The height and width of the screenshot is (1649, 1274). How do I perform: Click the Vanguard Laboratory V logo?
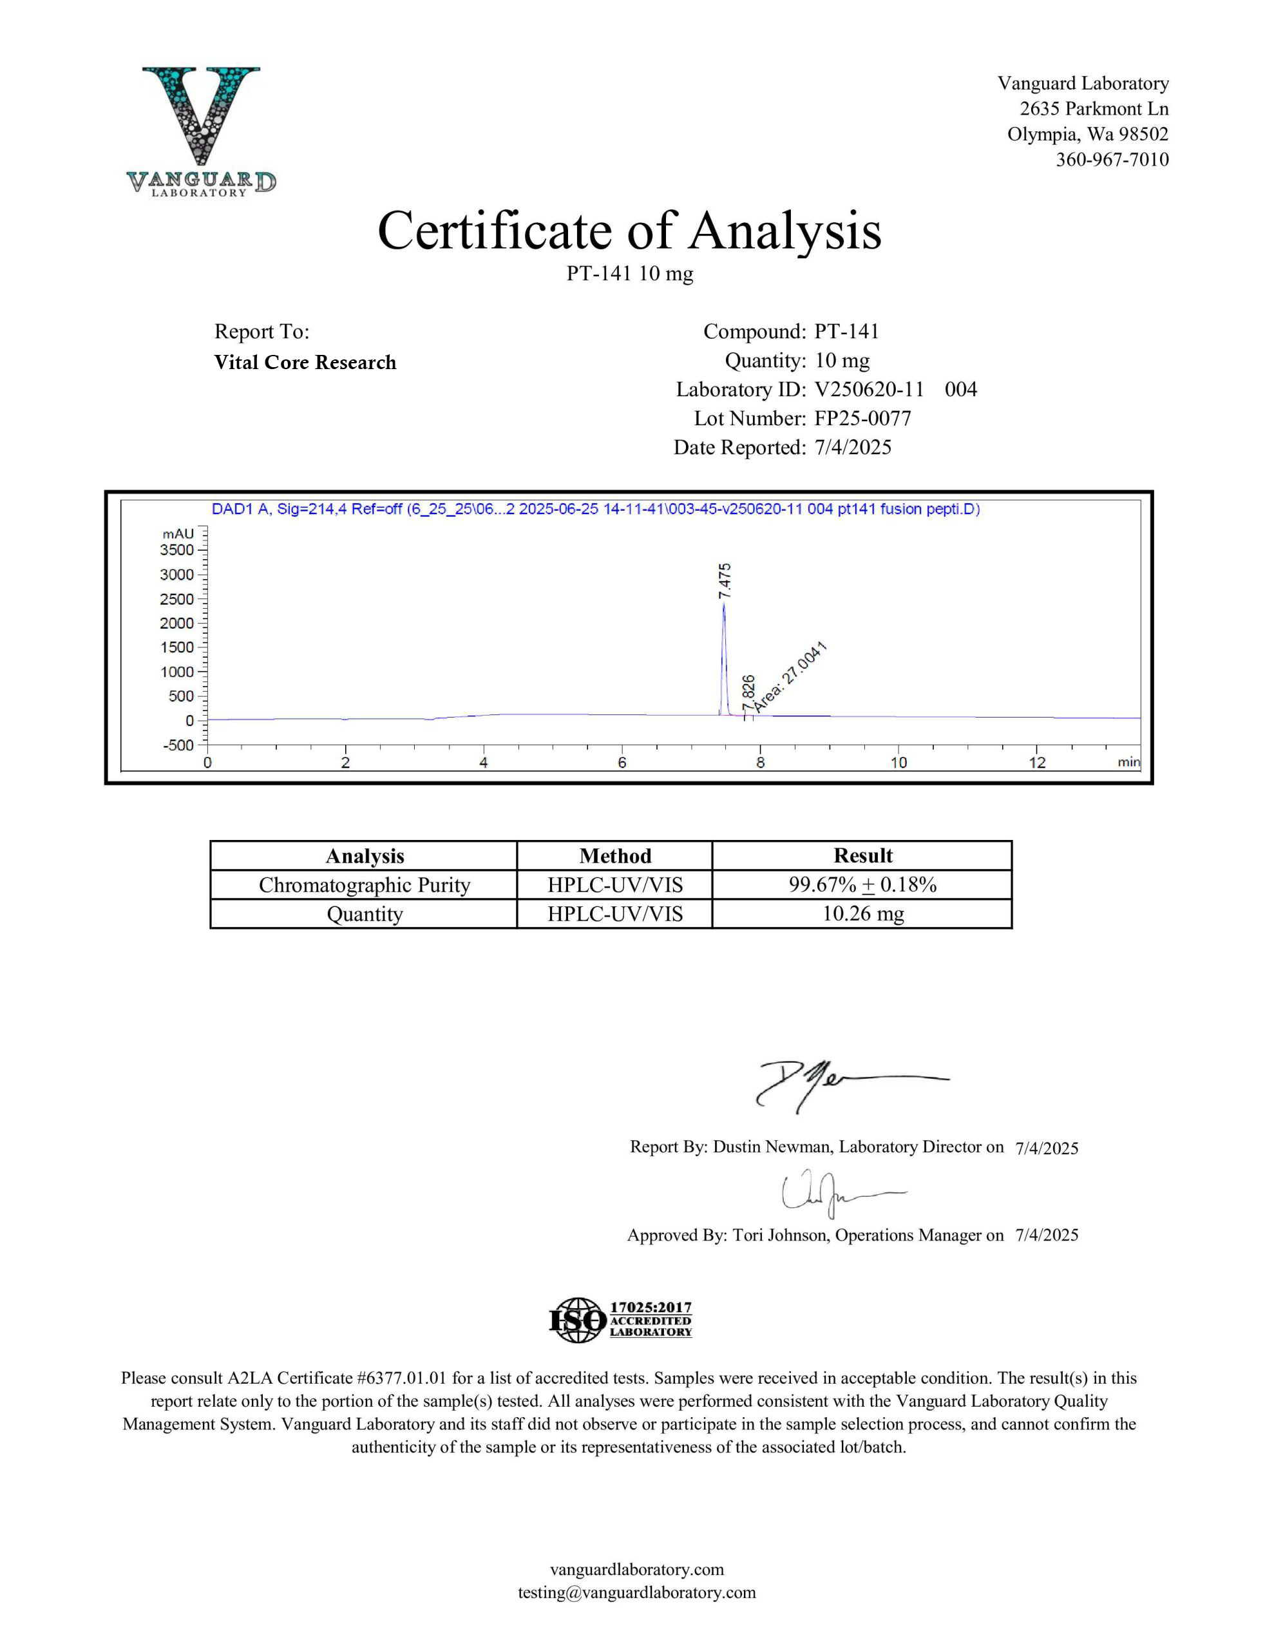[x=201, y=128]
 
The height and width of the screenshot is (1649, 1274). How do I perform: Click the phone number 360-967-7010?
[x=1112, y=159]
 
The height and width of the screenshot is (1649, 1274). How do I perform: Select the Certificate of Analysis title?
[x=629, y=231]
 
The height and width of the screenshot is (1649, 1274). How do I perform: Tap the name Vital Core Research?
[x=305, y=363]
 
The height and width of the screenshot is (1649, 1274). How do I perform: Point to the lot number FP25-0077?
[x=862, y=418]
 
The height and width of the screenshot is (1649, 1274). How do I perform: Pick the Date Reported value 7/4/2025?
[x=853, y=447]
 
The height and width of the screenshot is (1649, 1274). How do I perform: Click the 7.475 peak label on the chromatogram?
[x=725, y=580]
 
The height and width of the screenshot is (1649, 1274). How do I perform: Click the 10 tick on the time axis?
[x=898, y=763]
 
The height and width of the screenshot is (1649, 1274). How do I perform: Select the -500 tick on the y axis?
[x=178, y=745]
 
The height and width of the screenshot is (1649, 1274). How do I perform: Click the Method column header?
[x=614, y=855]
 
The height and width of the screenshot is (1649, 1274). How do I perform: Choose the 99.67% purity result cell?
[x=862, y=884]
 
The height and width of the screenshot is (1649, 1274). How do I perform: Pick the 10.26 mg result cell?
[x=862, y=913]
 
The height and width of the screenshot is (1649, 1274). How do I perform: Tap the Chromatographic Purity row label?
[x=364, y=885]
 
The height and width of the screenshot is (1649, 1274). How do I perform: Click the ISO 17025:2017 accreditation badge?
[x=620, y=1320]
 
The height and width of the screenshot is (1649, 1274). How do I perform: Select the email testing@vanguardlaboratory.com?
[x=636, y=1592]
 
